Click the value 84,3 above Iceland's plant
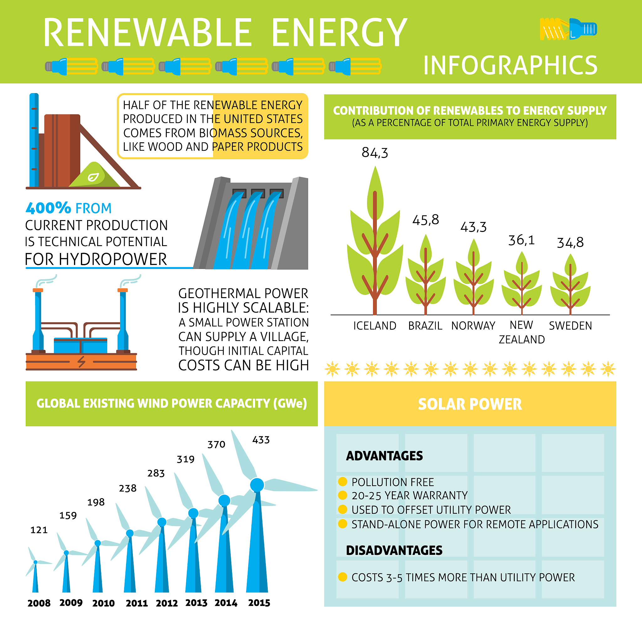coord(375,153)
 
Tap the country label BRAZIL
coord(425,326)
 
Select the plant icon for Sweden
coord(570,284)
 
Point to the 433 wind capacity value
coord(261,440)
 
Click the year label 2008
coord(39,603)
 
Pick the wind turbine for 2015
coord(257,512)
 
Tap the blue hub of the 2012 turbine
coord(162,522)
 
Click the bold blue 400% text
coord(49,208)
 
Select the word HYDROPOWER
coord(113,259)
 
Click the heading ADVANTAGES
coord(384,456)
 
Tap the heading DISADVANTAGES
coord(394,550)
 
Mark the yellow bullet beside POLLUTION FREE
coord(343,481)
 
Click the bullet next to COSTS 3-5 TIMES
coord(343,577)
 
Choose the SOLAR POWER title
coord(470,404)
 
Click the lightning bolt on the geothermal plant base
coord(82,361)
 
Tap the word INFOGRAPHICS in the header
coord(510,65)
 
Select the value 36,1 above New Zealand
coord(521,240)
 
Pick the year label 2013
coord(196,603)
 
